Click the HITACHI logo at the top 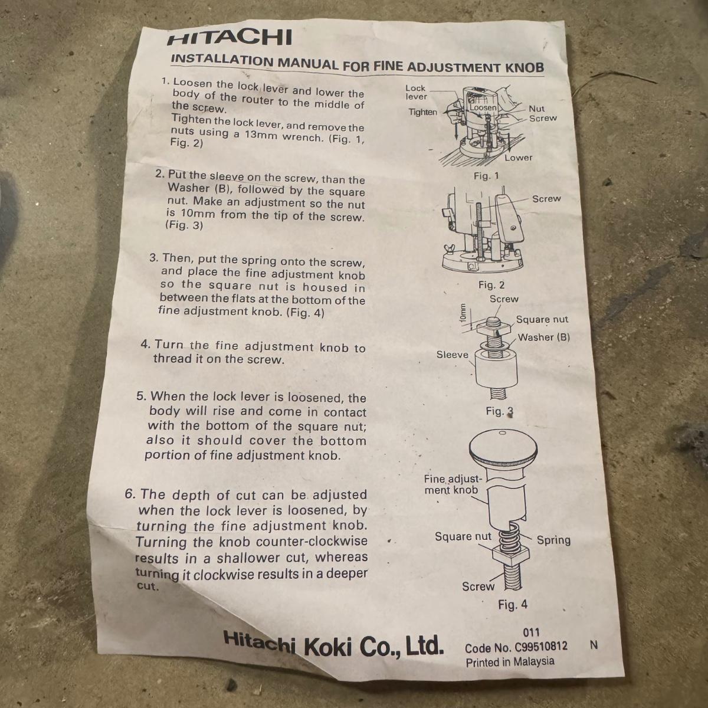[230, 37]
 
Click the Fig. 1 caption [486, 176]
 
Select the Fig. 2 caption [491, 285]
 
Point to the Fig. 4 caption [513, 604]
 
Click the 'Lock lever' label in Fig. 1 [416, 92]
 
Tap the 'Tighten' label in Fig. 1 [423, 112]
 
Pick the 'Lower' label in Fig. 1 [519, 158]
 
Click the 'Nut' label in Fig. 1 [536, 109]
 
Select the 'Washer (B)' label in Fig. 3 [544, 337]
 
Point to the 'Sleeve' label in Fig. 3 [453, 355]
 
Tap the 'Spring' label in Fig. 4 [553, 540]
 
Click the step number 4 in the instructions [146, 345]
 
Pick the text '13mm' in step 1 [261, 135]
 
